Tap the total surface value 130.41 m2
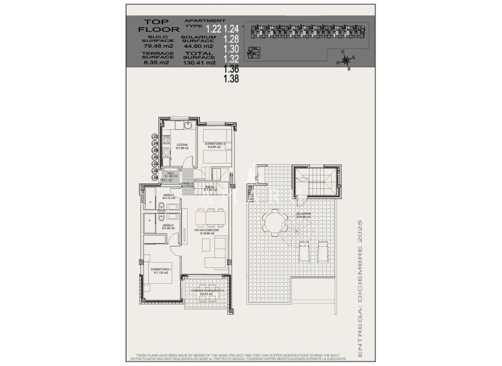tap(200, 61)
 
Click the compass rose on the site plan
tap(345, 58)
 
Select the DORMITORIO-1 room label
tap(161, 271)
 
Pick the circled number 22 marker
tap(155, 137)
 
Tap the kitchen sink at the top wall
tap(187, 126)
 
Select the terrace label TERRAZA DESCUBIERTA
tap(203, 291)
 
